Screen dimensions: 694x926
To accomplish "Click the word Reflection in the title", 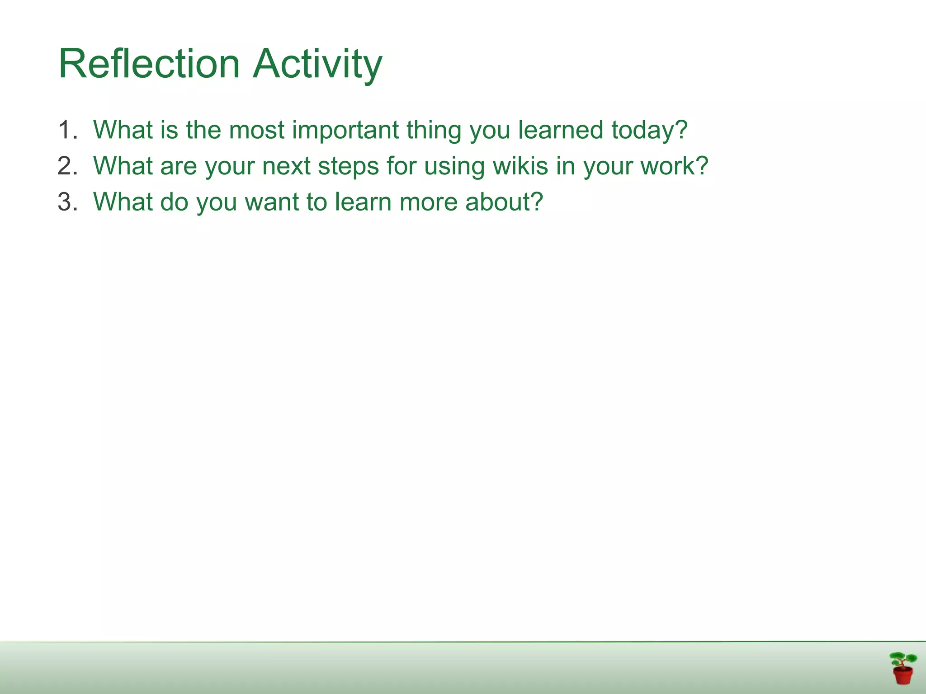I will click(x=149, y=64).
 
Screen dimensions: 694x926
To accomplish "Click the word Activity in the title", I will click(x=317, y=64).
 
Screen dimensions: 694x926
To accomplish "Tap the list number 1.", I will click(x=67, y=130).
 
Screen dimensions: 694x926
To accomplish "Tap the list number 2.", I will click(x=67, y=166).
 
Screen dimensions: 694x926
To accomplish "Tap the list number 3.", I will click(x=67, y=202).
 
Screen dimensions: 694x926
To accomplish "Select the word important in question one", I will click(x=345, y=130).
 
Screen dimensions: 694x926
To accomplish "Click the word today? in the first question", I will click(x=649, y=130).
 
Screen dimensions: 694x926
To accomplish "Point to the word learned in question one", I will click(x=561, y=130).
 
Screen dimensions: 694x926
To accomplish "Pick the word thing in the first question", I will click(x=434, y=130).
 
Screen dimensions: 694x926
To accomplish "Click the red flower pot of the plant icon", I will click(x=902, y=676).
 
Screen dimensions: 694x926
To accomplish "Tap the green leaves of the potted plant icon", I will click(x=902, y=658).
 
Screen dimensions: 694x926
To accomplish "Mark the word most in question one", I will click(x=256, y=130).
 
